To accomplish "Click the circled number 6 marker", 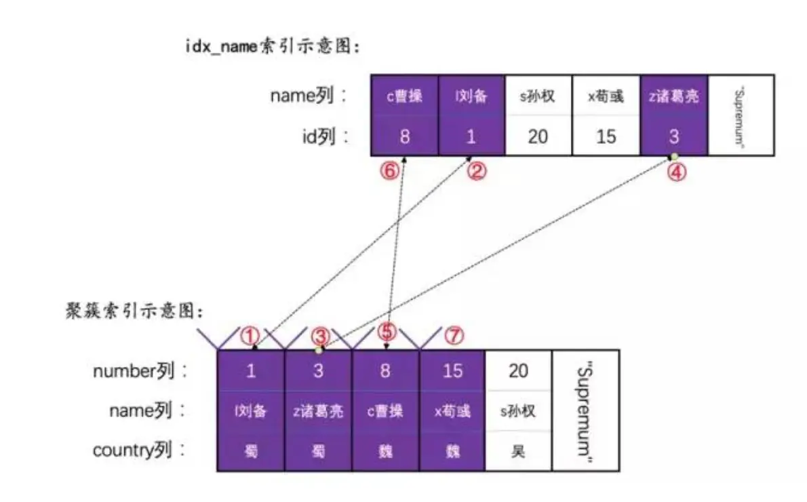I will [x=388, y=172].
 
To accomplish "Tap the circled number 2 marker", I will [x=476, y=172].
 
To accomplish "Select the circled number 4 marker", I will [x=676, y=172].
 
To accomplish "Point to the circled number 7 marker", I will [x=454, y=334].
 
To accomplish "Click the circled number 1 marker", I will [x=252, y=334].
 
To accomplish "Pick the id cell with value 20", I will [x=538, y=136].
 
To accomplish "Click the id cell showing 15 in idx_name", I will [x=606, y=136].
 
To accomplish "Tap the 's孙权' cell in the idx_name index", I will [x=538, y=96].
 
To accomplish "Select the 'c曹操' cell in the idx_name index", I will [x=404, y=96].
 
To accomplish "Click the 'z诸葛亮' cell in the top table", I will [x=673, y=96].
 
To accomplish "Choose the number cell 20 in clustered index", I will [x=518, y=370].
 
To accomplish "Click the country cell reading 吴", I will [x=518, y=450].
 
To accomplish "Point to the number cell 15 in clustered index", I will [x=452, y=370].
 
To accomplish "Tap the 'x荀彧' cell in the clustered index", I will [x=452, y=410].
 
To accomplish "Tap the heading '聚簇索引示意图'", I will [x=134, y=311].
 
